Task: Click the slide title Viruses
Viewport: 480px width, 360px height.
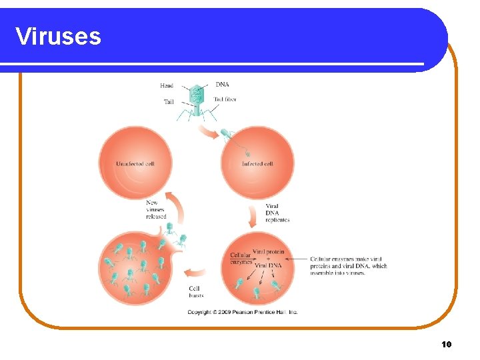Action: click(x=58, y=36)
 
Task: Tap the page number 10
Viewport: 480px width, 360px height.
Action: click(x=446, y=344)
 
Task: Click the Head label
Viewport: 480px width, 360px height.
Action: click(x=167, y=85)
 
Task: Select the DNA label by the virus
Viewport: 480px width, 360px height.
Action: click(x=222, y=85)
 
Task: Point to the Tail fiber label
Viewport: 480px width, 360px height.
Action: click(x=225, y=99)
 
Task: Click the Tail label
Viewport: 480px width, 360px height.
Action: click(x=169, y=101)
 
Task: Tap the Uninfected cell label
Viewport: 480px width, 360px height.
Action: click(x=135, y=163)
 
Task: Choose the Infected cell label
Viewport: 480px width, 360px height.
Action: click(x=257, y=163)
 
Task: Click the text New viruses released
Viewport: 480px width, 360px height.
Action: click(x=156, y=209)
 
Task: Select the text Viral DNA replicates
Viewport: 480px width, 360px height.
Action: click(x=277, y=213)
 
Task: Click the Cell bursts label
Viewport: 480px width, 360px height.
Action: click(x=197, y=291)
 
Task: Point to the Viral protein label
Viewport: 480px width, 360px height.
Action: click(x=268, y=252)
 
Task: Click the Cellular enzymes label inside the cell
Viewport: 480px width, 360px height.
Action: click(x=241, y=259)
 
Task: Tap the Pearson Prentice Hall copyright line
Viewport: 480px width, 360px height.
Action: click(x=243, y=312)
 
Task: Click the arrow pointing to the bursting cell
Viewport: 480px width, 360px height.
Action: click(x=195, y=273)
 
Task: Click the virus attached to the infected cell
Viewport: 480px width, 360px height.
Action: click(x=228, y=137)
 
